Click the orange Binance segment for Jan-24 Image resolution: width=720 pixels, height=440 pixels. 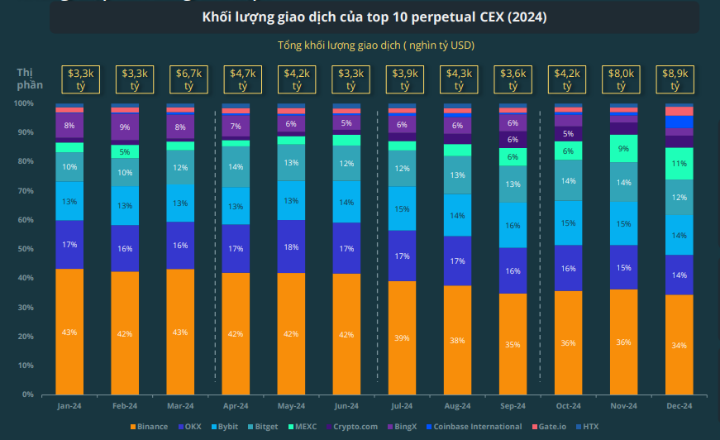(x=69, y=332)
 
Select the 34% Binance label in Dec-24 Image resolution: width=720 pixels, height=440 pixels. (x=679, y=345)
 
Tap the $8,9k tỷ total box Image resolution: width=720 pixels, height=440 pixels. (x=679, y=79)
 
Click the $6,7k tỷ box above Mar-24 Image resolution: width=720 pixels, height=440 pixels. (x=180, y=79)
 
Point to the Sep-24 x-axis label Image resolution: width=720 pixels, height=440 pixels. (x=513, y=406)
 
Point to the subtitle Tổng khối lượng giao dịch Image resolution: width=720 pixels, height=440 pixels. (x=375, y=45)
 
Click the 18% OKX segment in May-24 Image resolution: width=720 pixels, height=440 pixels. (x=291, y=246)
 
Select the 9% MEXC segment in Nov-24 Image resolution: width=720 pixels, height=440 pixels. (x=623, y=148)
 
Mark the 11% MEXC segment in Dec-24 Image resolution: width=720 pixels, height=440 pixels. (x=679, y=164)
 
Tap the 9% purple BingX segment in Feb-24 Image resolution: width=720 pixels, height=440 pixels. (x=125, y=127)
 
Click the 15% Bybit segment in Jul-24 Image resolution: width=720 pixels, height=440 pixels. (x=402, y=208)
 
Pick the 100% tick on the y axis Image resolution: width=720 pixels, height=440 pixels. (x=22, y=103)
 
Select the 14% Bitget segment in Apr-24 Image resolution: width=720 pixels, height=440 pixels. (x=236, y=166)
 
